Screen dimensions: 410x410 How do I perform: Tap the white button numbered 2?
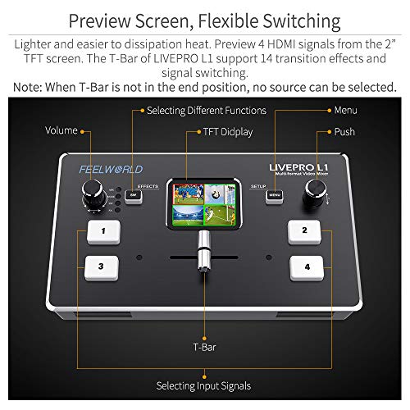click(304, 231)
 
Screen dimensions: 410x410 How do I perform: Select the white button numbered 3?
click(101, 266)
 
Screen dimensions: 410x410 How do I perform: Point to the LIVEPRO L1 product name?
click(299, 168)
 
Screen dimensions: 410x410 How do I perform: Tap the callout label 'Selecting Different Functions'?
click(206, 110)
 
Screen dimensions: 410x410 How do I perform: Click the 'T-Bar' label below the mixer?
click(204, 347)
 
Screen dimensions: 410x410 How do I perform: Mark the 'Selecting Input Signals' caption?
click(204, 385)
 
